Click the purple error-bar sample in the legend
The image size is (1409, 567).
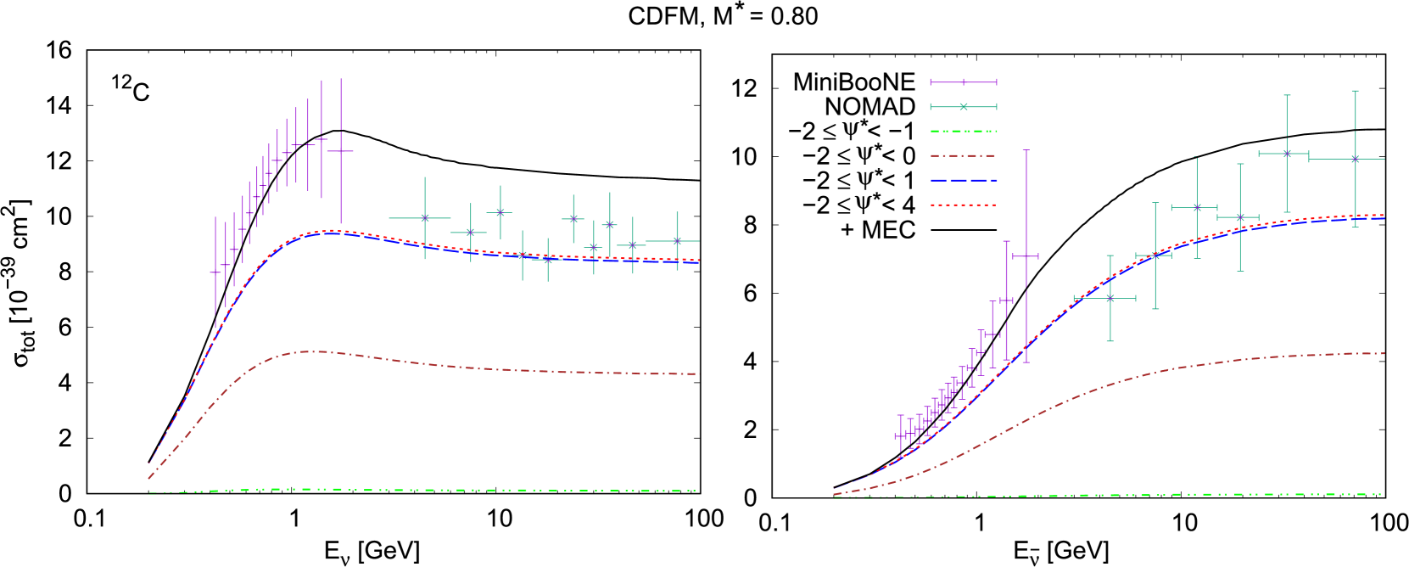click(963, 82)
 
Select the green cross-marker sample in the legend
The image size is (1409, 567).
click(963, 107)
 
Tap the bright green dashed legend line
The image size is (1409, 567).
click(963, 132)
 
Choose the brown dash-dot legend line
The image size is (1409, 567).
click(963, 156)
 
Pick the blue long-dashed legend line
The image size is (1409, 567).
click(963, 181)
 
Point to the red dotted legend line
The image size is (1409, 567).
click(963, 205)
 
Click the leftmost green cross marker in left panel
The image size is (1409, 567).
click(425, 218)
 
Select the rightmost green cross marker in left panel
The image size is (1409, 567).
click(677, 241)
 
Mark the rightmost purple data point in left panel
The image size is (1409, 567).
click(341, 151)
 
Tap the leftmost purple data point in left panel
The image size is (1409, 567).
click(215, 272)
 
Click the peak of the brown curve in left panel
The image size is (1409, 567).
click(314, 351)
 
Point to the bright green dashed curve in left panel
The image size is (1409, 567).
click(424, 490)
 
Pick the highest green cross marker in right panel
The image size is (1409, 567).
click(1287, 154)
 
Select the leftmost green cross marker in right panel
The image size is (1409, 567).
click(1110, 298)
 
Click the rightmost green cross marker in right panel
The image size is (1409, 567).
click(1355, 159)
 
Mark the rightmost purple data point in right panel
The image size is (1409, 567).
click(1026, 255)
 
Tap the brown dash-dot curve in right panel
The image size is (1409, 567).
click(1188, 367)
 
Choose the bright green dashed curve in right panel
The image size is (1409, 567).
click(1188, 494)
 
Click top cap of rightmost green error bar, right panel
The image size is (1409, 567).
click(1355, 91)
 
